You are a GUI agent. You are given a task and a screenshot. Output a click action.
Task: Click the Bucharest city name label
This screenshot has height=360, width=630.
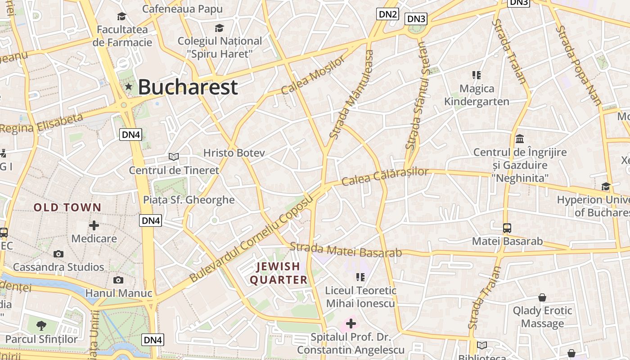[188, 87]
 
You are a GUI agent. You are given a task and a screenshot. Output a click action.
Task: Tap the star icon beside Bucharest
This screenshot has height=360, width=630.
[129, 86]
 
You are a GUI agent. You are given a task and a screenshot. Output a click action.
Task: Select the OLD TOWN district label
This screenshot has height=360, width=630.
[67, 207]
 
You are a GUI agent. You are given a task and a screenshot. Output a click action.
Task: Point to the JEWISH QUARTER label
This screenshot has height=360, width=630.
[279, 273]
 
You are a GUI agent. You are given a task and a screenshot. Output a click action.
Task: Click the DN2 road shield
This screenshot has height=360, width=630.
[387, 14]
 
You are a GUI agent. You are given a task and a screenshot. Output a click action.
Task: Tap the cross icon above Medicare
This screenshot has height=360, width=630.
[94, 225]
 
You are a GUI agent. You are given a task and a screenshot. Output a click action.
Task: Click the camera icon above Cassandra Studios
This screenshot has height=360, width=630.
[58, 254]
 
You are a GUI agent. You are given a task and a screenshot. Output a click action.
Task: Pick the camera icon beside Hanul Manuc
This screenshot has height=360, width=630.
[118, 280]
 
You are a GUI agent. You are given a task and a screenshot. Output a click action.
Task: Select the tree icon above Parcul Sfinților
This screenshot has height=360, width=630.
[41, 325]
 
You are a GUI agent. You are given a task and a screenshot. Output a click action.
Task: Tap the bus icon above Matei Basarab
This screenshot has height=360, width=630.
[507, 228]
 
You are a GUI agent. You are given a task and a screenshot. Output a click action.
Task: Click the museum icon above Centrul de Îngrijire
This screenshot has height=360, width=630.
[520, 139]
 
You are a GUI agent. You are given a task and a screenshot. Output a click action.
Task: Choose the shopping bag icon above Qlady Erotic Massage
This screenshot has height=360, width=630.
[542, 297]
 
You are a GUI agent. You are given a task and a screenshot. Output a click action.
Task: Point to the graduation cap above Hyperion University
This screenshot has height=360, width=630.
[606, 186]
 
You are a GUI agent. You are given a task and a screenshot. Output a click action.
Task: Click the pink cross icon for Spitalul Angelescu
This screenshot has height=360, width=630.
[351, 323]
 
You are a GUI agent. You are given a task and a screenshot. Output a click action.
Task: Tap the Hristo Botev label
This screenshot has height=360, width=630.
[234, 153]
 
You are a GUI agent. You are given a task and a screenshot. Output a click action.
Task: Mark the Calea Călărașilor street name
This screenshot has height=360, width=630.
[385, 176]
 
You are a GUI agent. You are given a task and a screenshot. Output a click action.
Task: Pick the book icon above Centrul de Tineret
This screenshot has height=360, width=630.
[174, 157]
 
